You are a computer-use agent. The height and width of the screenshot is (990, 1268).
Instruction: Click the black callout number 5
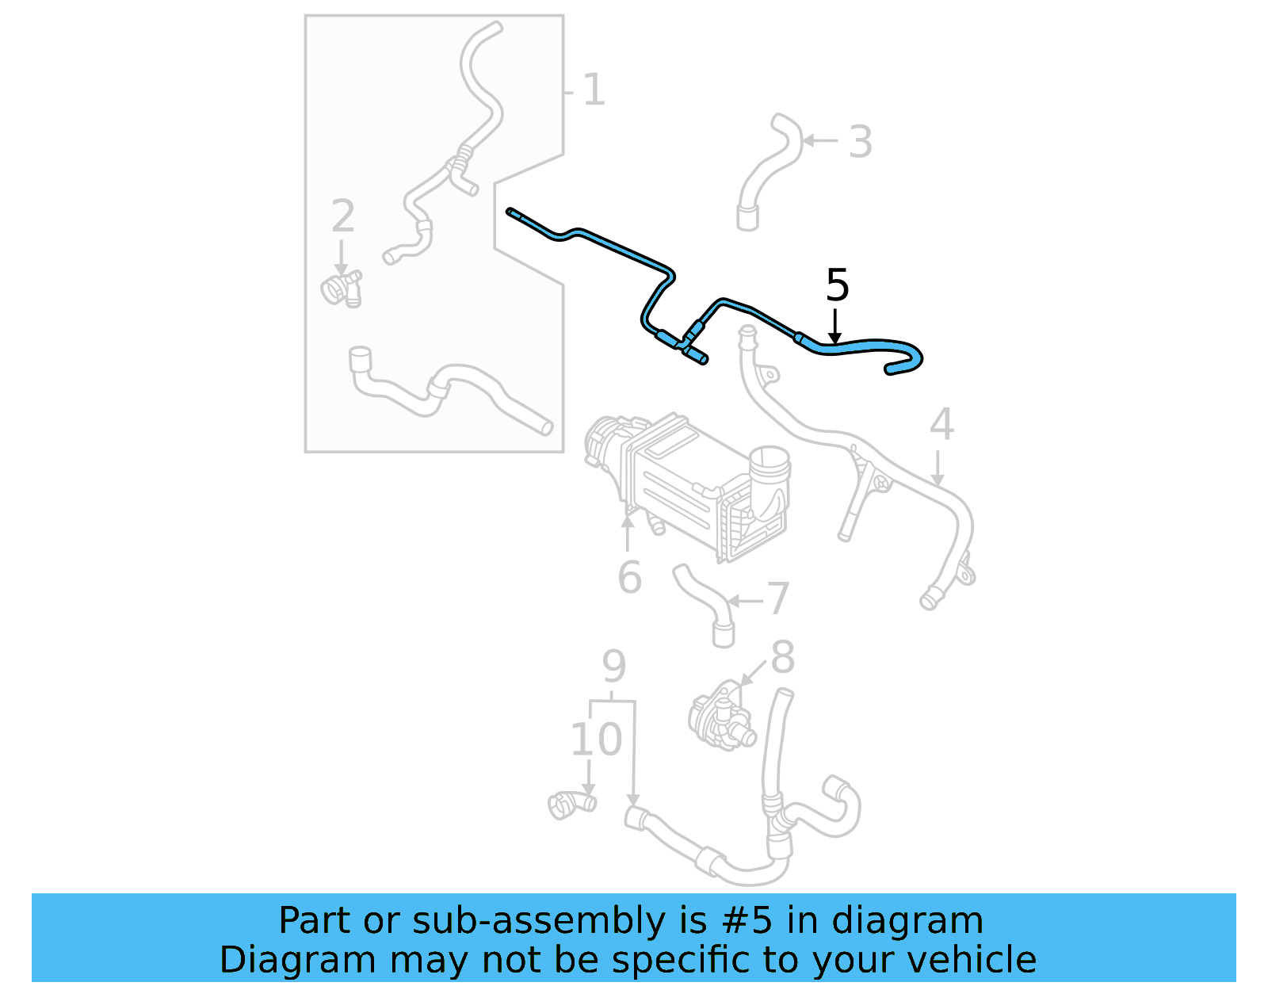point(837,285)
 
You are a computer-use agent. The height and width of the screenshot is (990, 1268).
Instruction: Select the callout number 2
point(342,216)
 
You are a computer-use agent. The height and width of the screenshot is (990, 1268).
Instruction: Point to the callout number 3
point(860,142)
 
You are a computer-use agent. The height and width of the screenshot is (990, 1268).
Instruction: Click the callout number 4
point(941,425)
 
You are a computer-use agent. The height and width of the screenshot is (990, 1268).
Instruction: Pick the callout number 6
point(629,577)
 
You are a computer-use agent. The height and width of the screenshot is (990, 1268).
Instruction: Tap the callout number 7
point(778,598)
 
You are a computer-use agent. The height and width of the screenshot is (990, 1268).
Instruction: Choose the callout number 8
point(782,658)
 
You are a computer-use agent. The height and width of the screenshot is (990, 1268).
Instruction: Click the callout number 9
point(613,667)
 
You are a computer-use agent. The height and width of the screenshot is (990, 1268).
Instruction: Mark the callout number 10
point(596,740)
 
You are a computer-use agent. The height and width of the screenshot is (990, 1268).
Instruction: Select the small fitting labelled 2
point(342,289)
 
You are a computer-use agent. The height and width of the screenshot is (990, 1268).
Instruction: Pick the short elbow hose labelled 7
point(705,606)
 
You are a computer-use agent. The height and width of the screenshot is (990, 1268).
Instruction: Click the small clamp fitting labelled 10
point(571,805)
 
